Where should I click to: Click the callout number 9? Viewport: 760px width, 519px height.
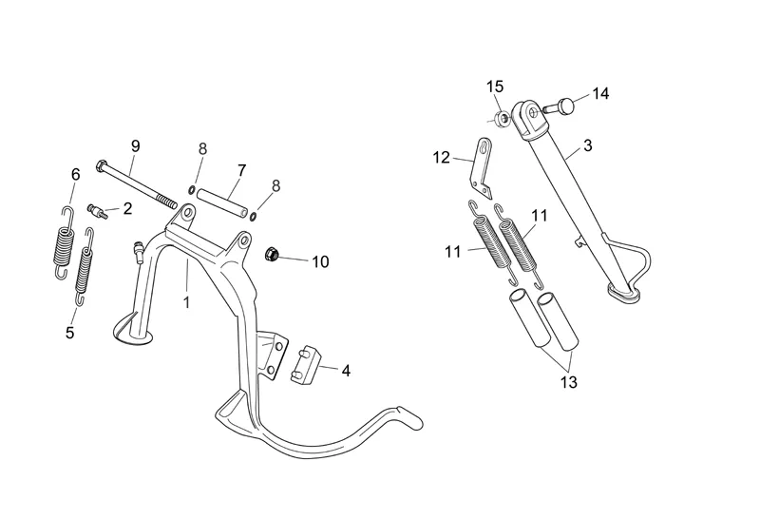pos(135,146)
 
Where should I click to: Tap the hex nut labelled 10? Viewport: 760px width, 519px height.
pos(272,254)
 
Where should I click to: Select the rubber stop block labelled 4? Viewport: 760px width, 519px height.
pos(306,365)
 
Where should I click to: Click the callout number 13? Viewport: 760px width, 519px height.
pos(569,382)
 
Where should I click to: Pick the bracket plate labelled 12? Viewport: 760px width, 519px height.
pos(482,167)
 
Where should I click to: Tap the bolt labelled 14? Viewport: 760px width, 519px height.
pos(559,106)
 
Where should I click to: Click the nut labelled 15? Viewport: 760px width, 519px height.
pos(503,118)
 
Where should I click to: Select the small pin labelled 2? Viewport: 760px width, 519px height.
pos(98,211)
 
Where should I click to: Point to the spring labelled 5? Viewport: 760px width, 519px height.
pos(85,266)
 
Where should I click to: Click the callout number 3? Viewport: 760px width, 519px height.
pos(587,145)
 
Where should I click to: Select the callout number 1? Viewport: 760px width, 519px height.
pos(186,302)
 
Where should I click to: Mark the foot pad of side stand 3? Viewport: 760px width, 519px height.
pos(623,293)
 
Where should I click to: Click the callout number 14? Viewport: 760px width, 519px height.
pos(600,93)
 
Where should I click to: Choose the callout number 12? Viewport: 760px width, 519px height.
pos(442,158)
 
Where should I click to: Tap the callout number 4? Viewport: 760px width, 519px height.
pos(346,371)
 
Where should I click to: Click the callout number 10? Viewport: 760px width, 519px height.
pos(320,262)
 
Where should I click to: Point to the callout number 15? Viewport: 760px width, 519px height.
pos(495,86)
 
